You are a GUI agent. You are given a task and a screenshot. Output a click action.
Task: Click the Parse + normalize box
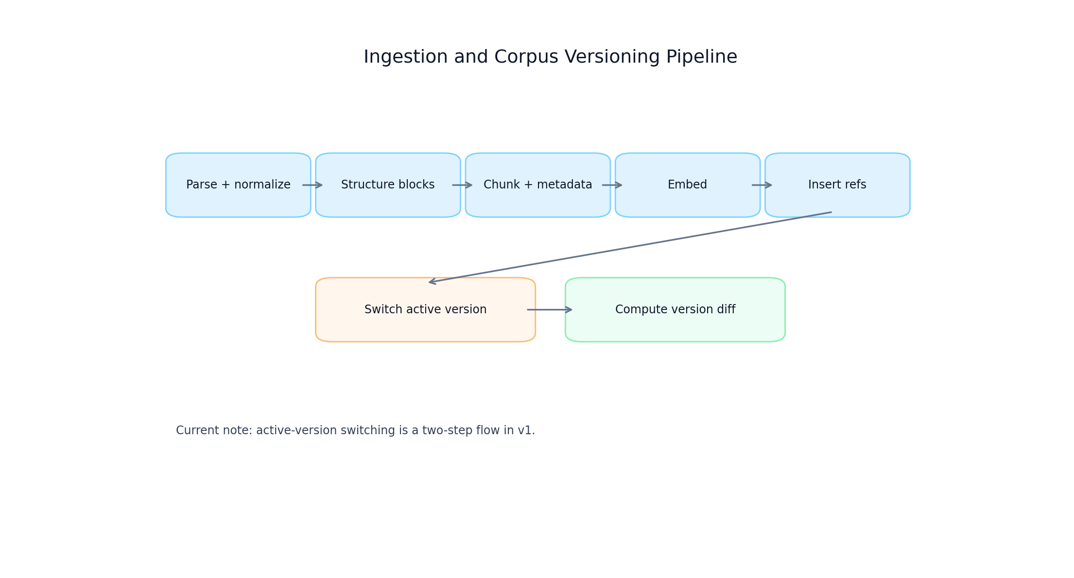pyautogui.click(x=238, y=185)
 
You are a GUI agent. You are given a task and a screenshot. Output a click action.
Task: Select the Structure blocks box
pyautogui.click(x=388, y=185)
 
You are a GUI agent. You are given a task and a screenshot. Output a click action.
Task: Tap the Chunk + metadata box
pyautogui.click(x=537, y=185)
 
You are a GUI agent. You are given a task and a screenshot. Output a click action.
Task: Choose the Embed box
pyautogui.click(x=687, y=185)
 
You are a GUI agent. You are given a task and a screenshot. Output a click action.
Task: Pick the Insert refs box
pyautogui.click(x=837, y=185)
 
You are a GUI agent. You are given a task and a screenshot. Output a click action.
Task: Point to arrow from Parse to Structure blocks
pyautogui.click(x=312, y=185)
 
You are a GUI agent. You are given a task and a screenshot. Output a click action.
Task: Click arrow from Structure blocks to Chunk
pyautogui.click(x=462, y=185)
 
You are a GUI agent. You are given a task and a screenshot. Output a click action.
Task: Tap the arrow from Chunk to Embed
pyautogui.click(x=612, y=185)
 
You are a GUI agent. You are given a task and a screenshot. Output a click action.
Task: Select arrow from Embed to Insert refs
pyautogui.click(x=762, y=185)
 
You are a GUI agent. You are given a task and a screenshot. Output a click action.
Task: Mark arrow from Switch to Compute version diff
pyautogui.click(x=550, y=310)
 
